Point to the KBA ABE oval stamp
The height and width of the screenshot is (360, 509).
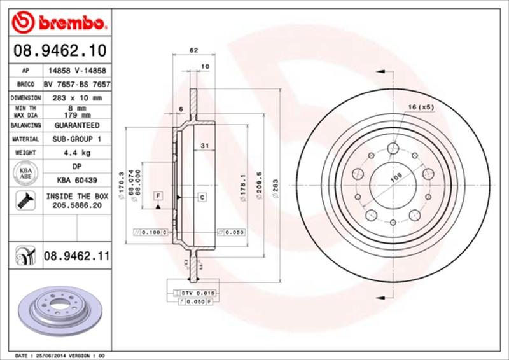point(24,173)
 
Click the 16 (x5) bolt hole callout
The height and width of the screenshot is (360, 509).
point(421,107)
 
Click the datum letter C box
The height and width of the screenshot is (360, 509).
point(201,197)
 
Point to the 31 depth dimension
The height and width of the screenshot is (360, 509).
point(204,146)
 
